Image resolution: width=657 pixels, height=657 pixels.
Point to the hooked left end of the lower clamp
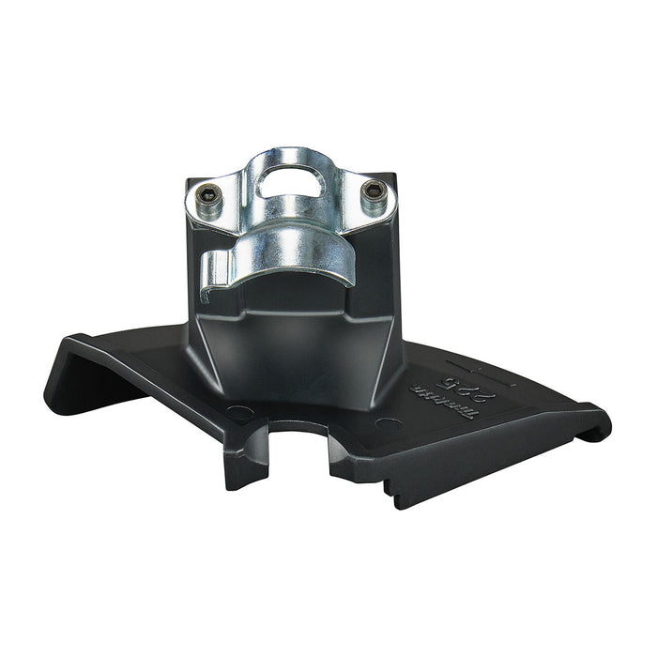tap(213, 261)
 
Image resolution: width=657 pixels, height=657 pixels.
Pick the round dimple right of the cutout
tap(383, 423)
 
